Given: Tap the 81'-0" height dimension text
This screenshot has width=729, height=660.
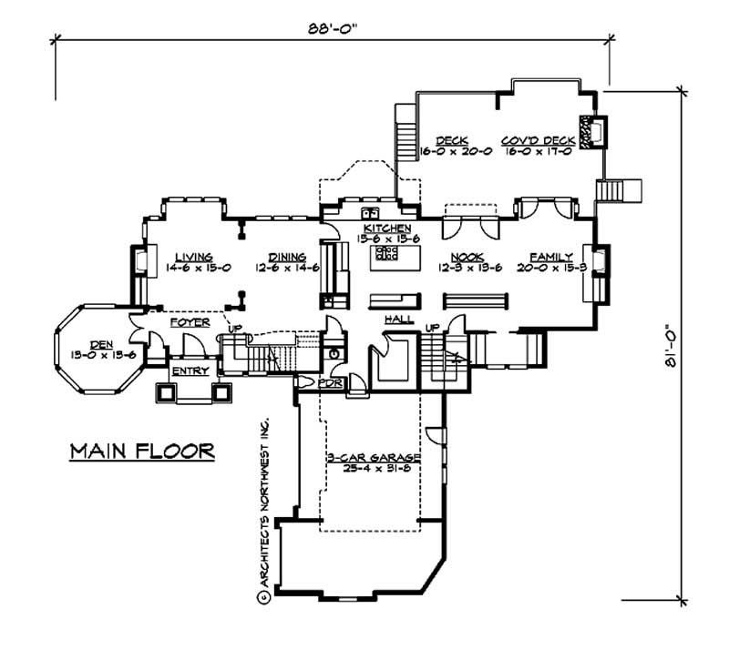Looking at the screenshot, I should [673, 346].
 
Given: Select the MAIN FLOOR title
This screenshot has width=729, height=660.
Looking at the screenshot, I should [142, 450].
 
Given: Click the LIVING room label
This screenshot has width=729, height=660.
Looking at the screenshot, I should [193, 258].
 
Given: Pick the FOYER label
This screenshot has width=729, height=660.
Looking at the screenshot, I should [190, 322].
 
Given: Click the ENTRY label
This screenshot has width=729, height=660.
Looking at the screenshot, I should [190, 371].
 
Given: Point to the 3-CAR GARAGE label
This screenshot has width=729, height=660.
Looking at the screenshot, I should [373, 459].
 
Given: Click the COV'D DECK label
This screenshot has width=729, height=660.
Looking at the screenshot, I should [538, 141].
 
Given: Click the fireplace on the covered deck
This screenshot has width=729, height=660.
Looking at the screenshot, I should [590, 131].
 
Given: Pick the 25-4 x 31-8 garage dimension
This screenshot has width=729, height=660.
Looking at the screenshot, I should [373, 470].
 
